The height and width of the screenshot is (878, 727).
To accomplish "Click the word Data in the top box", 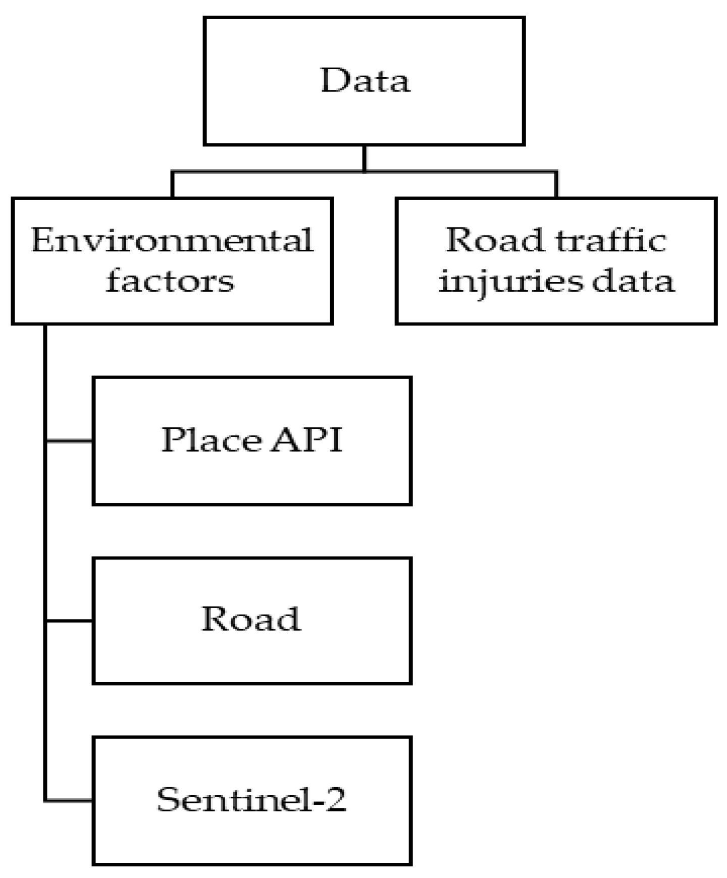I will click(x=365, y=81).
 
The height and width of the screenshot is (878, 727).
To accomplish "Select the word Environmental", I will click(x=172, y=240).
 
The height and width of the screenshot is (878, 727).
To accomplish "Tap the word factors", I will click(x=170, y=282).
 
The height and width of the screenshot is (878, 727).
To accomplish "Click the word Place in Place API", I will click(x=212, y=440).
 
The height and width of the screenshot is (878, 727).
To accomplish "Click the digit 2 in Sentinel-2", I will click(x=335, y=800).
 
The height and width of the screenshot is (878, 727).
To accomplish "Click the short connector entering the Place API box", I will click(x=70, y=441).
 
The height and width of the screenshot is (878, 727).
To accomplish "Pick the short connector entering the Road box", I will click(x=70, y=620).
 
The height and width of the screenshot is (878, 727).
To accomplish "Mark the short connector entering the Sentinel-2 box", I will click(x=70, y=800).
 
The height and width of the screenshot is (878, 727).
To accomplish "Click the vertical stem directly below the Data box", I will click(x=364, y=158).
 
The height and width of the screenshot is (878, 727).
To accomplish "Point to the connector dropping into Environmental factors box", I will click(x=172, y=185).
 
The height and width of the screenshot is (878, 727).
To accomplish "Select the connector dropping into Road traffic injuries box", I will click(x=556, y=185).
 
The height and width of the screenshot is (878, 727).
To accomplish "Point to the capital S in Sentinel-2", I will click(x=169, y=800).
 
